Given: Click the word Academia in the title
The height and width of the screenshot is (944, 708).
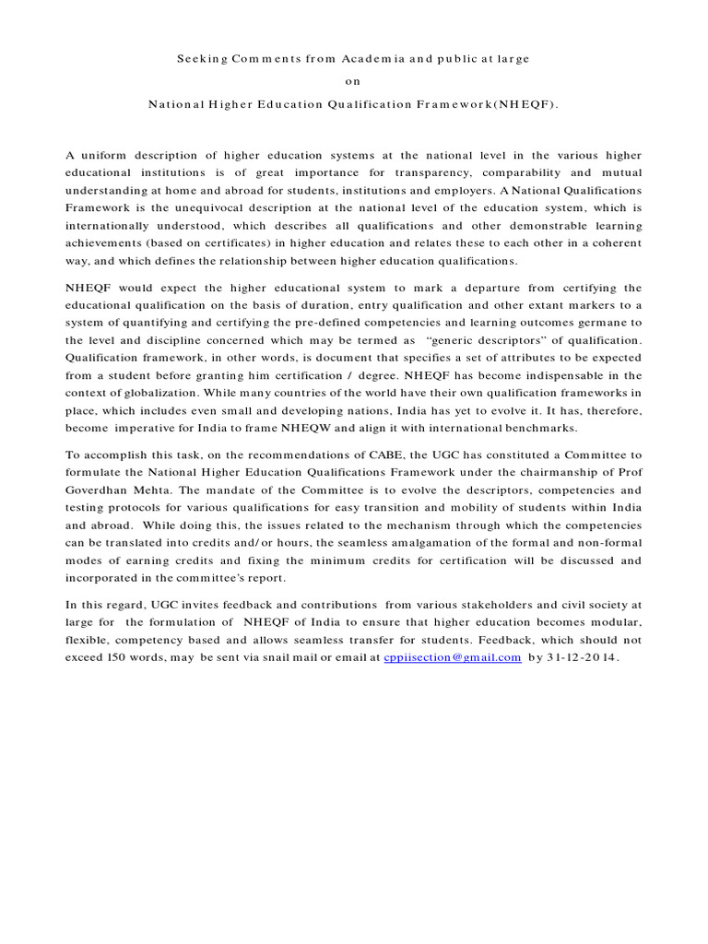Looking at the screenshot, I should click(368, 58).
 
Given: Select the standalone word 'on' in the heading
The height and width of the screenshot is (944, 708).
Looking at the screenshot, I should click(354, 81).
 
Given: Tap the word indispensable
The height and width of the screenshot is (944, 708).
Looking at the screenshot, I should click(570, 375).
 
